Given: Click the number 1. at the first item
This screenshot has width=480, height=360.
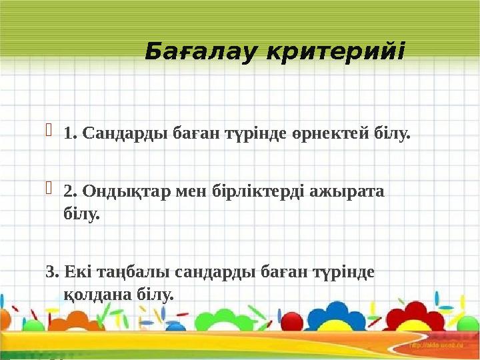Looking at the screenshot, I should coord(70,134).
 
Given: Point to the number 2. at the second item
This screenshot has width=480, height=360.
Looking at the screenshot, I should coord(70,192).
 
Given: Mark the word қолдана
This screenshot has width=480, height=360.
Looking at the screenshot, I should coord(94,294).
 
